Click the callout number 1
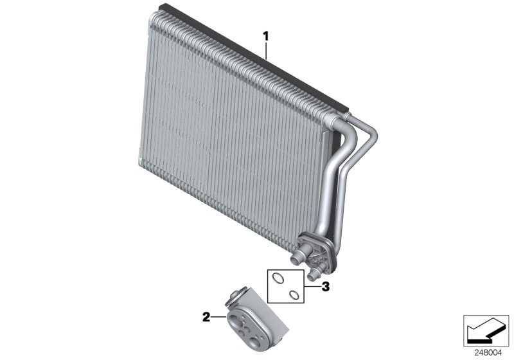click(x=265, y=36)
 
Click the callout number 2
click(x=206, y=317)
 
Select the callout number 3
click(x=325, y=287)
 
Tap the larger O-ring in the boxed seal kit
click(x=278, y=278)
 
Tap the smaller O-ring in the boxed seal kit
click(x=294, y=295)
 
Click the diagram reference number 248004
click(x=488, y=353)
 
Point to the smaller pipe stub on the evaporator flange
click(x=314, y=273)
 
